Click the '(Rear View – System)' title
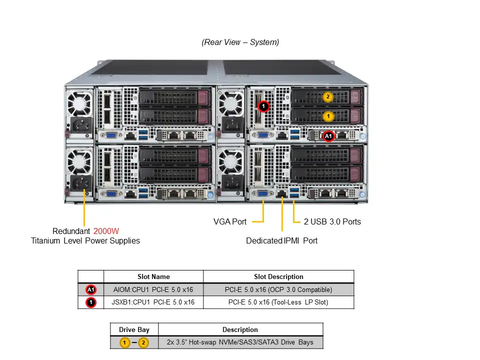click(240, 42)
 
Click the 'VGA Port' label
click(230, 221)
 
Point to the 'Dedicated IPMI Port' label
click(281, 240)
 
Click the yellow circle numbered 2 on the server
click(328, 97)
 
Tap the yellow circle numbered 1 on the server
click(328, 116)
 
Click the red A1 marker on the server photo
click(328, 135)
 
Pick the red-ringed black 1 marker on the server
click(263, 106)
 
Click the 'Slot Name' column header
click(153, 276)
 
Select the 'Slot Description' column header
click(278, 276)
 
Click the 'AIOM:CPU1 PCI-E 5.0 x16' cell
click(153, 289)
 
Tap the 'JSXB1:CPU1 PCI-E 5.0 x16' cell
click(153, 302)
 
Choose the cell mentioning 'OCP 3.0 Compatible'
click(278, 289)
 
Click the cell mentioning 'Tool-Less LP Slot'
click(278, 302)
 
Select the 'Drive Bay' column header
click(134, 329)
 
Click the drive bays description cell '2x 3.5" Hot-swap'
click(240, 342)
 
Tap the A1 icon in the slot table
click(90, 289)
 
